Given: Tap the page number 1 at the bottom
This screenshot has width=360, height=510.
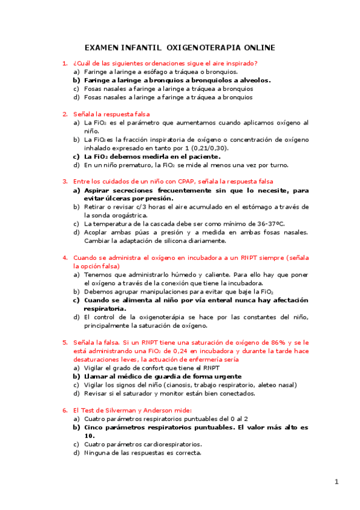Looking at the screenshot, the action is [337, 481].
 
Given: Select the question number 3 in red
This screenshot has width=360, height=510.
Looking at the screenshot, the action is [65, 181].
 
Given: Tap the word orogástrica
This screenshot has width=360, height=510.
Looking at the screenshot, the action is [118, 215].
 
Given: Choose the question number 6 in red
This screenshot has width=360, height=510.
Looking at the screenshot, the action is [65, 410].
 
